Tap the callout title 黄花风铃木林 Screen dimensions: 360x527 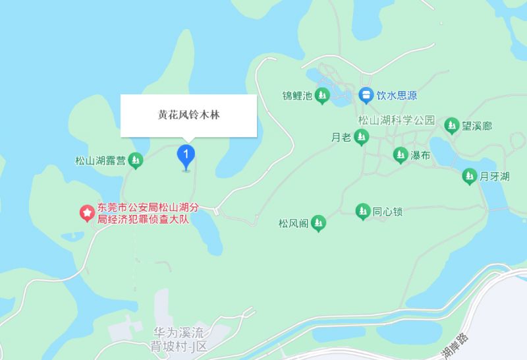tap(188, 115)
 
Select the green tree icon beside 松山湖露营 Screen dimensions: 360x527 tap(136, 159)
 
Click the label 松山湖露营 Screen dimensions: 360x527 tap(100, 159)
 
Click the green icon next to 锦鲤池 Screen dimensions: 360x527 tap(322, 96)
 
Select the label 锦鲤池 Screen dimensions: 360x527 tap(296, 96)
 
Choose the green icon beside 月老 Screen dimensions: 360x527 tap(360, 138)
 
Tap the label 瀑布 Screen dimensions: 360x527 tap(421, 156)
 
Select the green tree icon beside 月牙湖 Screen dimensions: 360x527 tap(468, 176)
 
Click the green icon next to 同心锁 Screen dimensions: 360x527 tap(362, 212)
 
